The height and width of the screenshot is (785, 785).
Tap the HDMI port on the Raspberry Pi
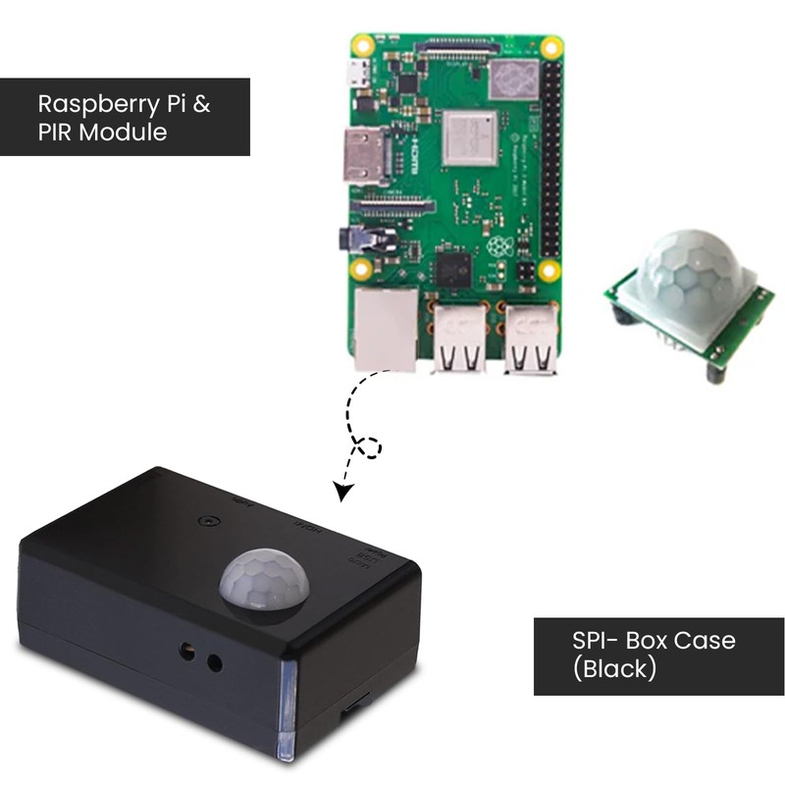click(x=364, y=157)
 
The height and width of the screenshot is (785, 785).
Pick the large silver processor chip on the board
click(x=470, y=137)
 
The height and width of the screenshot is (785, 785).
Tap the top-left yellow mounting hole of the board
click(x=363, y=45)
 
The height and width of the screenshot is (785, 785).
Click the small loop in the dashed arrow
click(x=369, y=447)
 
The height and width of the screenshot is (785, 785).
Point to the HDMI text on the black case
click(x=308, y=531)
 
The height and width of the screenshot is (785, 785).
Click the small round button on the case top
click(x=207, y=520)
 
